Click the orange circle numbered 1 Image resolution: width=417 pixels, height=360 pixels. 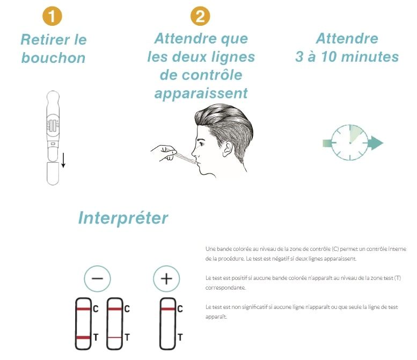pos(52,16)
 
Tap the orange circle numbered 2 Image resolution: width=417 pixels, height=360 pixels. pos(200,16)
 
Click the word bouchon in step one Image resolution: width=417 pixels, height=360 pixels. pos(54,58)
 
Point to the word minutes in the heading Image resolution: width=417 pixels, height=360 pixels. pos(370,57)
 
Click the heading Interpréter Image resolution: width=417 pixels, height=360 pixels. pos(123,218)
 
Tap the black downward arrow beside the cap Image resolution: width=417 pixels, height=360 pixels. pos(63,160)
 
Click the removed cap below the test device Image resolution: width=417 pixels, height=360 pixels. pos(53,174)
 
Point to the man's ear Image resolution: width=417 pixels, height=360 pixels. pos(227,148)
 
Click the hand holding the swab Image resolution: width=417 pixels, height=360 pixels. pos(164,153)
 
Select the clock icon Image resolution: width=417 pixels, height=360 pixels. pos(349,143)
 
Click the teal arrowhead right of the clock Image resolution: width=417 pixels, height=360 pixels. pos(377,143)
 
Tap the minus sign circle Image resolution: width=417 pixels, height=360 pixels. pos(97,278)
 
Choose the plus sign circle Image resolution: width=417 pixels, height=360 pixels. pos(166,278)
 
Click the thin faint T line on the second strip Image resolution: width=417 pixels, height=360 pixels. pos(115,337)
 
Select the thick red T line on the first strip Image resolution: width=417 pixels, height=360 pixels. pos(84,337)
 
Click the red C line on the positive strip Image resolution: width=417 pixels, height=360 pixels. pos(168,309)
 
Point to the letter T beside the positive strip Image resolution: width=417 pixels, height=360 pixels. pos(180,337)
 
